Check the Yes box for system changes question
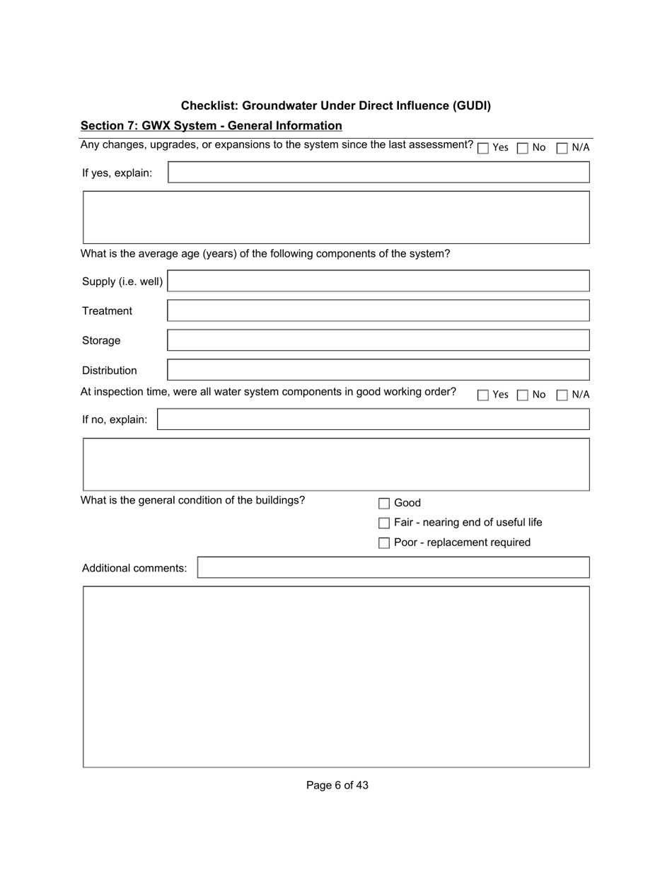[483, 149]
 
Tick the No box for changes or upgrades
[523, 149]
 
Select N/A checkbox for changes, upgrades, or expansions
[562, 149]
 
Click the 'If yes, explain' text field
[378, 173]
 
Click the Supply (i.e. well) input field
[378, 281]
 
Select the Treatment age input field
[378, 311]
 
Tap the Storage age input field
[378, 340]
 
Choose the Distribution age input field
[378, 370]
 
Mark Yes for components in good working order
[483, 395]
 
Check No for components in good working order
[523, 395]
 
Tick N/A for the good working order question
[562, 395]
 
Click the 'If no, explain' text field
[373, 419]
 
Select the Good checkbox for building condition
[384, 504]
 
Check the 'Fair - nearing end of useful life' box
[384, 523]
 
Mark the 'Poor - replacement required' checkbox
[384, 543]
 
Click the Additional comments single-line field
[393, 567]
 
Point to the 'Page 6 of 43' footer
[337, 785]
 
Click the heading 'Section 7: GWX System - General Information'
[211, 126]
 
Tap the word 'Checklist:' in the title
[209, 105]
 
